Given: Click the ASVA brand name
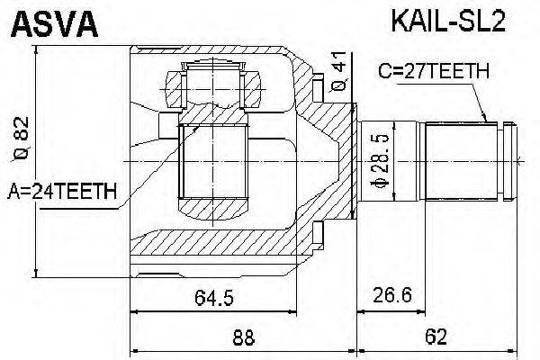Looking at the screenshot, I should tap(54, 25).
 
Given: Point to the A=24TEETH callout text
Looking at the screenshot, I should tap(62, 190).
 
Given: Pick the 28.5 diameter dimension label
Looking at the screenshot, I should tap(382, 164).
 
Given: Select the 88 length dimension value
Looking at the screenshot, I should tap(243, 338).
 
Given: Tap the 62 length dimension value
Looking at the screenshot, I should tap(436, 338).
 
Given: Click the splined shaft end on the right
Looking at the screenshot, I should tap(468, 162).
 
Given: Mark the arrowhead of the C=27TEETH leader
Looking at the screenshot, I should tap(487, 121).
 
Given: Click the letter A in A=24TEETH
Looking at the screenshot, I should tap(14, 190).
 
